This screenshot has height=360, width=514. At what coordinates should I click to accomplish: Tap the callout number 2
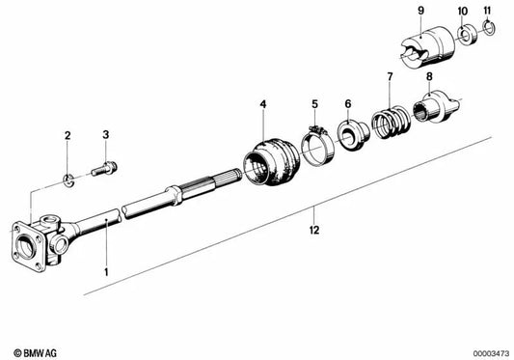click(68, 135)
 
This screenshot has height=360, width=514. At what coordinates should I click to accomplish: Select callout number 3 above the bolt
click(107, 135)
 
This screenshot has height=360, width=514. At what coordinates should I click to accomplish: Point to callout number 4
click(261, 102)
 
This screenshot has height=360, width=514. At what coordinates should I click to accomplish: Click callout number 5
click(313, 102)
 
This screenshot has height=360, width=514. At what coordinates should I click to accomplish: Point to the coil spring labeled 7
click(388, 124)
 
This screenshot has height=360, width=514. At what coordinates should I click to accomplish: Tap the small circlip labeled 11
click(488, 36)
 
